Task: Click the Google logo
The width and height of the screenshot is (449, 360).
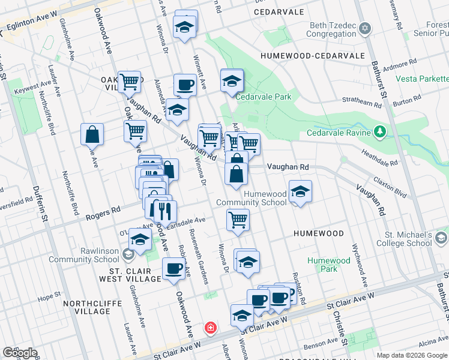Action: (20, 353)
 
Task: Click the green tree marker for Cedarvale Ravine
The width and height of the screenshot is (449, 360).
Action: (379, 131)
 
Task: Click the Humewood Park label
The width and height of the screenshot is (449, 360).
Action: (328, 265)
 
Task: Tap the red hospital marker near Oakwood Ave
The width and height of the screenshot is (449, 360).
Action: (211, 328)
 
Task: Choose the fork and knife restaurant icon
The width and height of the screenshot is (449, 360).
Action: (161, 211)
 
